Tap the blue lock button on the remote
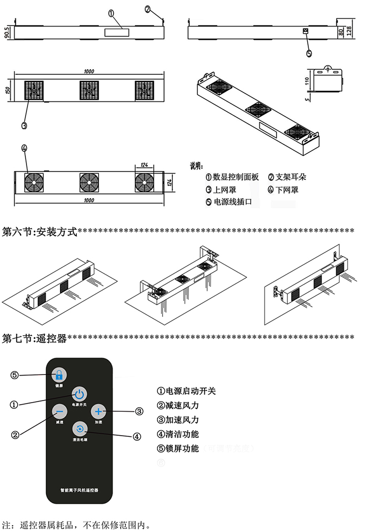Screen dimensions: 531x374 coord(59,375)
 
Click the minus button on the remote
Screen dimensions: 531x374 coord(59,411)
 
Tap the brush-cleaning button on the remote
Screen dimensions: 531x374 coord(79,428)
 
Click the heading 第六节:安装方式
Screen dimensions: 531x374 coord(40,232)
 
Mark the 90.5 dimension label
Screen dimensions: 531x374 coord(7,33)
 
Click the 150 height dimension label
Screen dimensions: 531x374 coord(7,90)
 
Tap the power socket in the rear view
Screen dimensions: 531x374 coord(306,32)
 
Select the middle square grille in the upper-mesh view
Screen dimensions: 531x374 coord(89,90)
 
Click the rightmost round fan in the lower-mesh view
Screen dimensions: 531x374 coord(145,182)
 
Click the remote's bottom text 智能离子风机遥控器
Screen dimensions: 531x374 coord(79,489)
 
